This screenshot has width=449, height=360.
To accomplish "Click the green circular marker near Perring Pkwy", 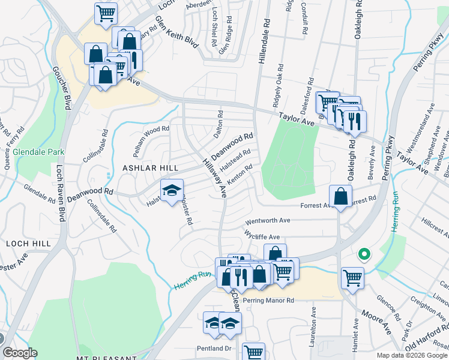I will point(363,255).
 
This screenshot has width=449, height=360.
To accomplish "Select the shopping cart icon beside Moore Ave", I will point(352,278).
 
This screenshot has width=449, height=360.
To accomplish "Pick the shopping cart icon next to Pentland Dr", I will point(254,353).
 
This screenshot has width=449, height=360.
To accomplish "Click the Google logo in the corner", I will point(20,353).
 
